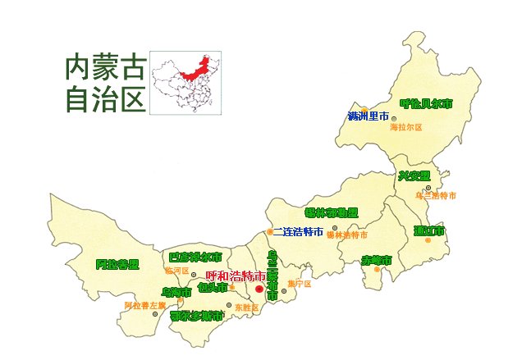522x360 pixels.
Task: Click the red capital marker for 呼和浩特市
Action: pyautogui.click(x=259, y=289)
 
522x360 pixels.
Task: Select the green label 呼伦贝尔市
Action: pyautogui.click(x=425, y=103)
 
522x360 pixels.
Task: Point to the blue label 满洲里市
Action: pyautogui.click(x=367, y=116)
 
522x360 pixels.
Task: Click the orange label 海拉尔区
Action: pyautogui.click(x=405, y=127)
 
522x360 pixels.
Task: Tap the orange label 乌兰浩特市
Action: pyautogui.click(x=436, y=196)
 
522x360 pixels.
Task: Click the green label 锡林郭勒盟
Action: pyautogui.click(x=332, y=212)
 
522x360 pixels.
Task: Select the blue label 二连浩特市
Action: pyautogui.click(x=298, y=232)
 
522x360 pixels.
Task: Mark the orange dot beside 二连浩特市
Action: pyautogui.click(x=268, y=232)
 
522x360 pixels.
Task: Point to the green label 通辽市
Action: pyautogui.click(x=428, y=230)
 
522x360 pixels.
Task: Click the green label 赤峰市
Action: pyautogui.click(x=377, y=260)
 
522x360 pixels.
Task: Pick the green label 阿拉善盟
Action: pyautogui.click(x=117, y=264)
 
